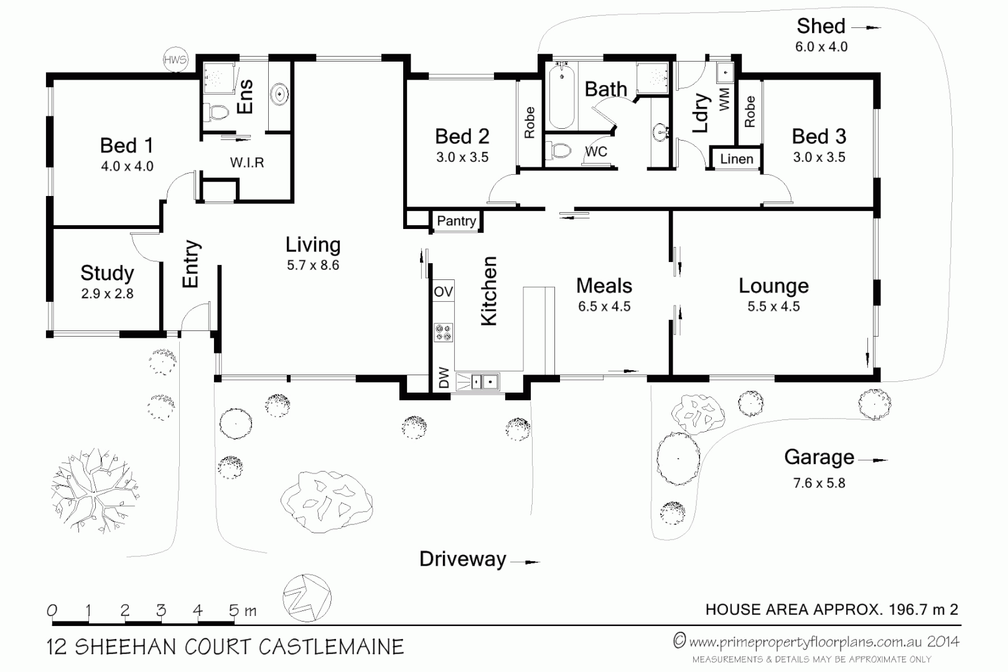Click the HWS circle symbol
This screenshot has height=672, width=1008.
(x=175, y=60)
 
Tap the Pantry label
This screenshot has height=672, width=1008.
(x=456, y=221)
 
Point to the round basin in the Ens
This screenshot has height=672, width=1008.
(x=279, y=95)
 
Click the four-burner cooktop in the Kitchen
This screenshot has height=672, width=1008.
(x=444, y=332)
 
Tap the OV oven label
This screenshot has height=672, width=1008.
(x=443, y=292)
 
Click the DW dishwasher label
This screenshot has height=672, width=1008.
(x=444, y=378)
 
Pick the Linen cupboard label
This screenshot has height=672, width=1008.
(x=736, y=159)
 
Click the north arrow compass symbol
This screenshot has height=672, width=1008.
(x=306, y=598)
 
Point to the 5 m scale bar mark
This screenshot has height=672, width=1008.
(x=235, y=610)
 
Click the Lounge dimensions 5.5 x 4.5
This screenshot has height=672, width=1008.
(x=773, y=306)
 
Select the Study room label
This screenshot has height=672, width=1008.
(x=107, y=273)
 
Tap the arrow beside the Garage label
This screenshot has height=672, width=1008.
(x=875, y=460)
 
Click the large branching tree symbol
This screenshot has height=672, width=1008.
(x=93, y=488)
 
